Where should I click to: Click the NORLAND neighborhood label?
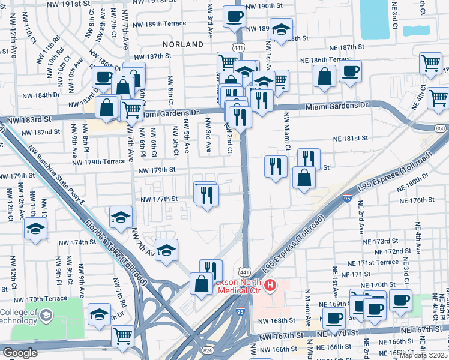[183, 44]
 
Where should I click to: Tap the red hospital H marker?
[270, 285]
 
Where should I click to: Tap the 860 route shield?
[441, 128]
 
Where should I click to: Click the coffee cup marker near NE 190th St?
[234, 16]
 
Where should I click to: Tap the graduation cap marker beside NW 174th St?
[36, 229]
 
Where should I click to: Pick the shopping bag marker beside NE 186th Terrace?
[324, 76]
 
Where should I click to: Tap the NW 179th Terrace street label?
[99, 162]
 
